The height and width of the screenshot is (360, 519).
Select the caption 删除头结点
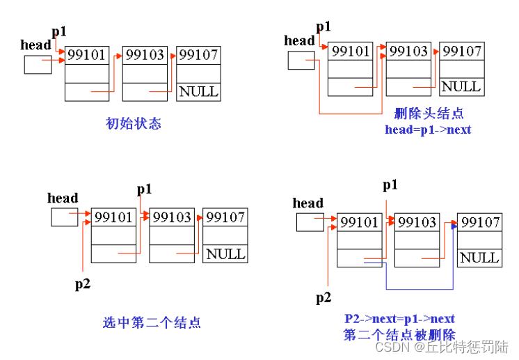click(x=429, y=114)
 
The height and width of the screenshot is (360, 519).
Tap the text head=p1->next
click(x=428, y=130)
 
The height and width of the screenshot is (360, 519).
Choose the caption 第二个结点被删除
click(x=399, y=334)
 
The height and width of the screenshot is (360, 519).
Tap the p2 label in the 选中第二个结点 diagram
click(x=83, y=283)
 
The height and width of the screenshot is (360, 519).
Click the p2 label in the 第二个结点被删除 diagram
click(x=324, y=298)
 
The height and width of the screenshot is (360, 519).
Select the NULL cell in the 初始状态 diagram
click(x=198, y=91)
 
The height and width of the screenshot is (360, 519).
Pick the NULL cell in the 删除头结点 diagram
click(x=461, y=86)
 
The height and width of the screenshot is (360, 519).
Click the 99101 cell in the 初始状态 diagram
click(x=87, y=55)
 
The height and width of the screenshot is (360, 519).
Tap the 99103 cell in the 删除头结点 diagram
click(x=409, y=51)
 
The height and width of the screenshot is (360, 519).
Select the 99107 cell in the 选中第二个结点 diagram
click(x=225, y=217)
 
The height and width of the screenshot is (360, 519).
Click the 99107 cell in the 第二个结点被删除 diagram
click(x=480, y=222)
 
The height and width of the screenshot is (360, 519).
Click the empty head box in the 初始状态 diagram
click(x=38, y=65)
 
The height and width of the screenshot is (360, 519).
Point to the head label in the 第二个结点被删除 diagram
click(x=308, y=203)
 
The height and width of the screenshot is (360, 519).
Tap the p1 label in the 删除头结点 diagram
click(x=324, y=26)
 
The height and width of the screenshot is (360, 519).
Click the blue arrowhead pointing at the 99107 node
click(x=454, y=226)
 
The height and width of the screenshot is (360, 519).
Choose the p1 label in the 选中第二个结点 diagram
click(x=144, y=189)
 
